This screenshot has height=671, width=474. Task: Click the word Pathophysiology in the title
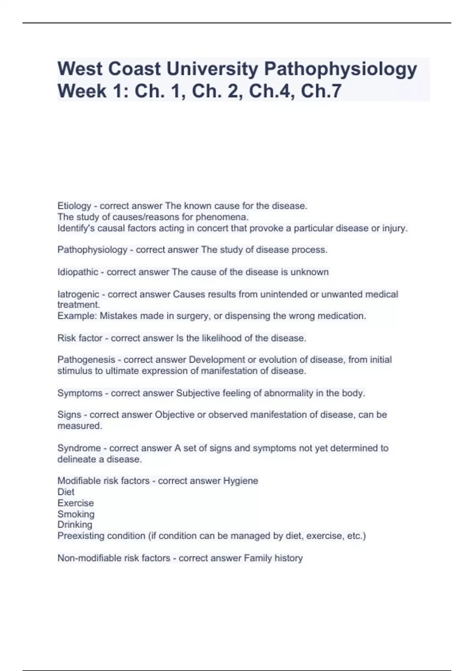(x=340, y=69)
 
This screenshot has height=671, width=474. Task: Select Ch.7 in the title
(x=321, y=92)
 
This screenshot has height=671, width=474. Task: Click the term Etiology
(x=74, y=206)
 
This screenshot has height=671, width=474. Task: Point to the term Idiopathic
(x=78, y=272)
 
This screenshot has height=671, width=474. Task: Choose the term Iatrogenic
(x=78, y=294)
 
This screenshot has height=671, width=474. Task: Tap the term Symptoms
(x=80, y=394)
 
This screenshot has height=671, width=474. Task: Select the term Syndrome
(x=79, y=448)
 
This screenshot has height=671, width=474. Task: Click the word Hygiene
(x=241, y=481)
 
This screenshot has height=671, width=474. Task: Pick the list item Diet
(x=66, y=492)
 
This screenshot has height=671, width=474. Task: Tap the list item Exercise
(x=75, y=503)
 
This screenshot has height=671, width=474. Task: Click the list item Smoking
(x=76, y=514)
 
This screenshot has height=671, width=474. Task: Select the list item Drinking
(x=75, y=525)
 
